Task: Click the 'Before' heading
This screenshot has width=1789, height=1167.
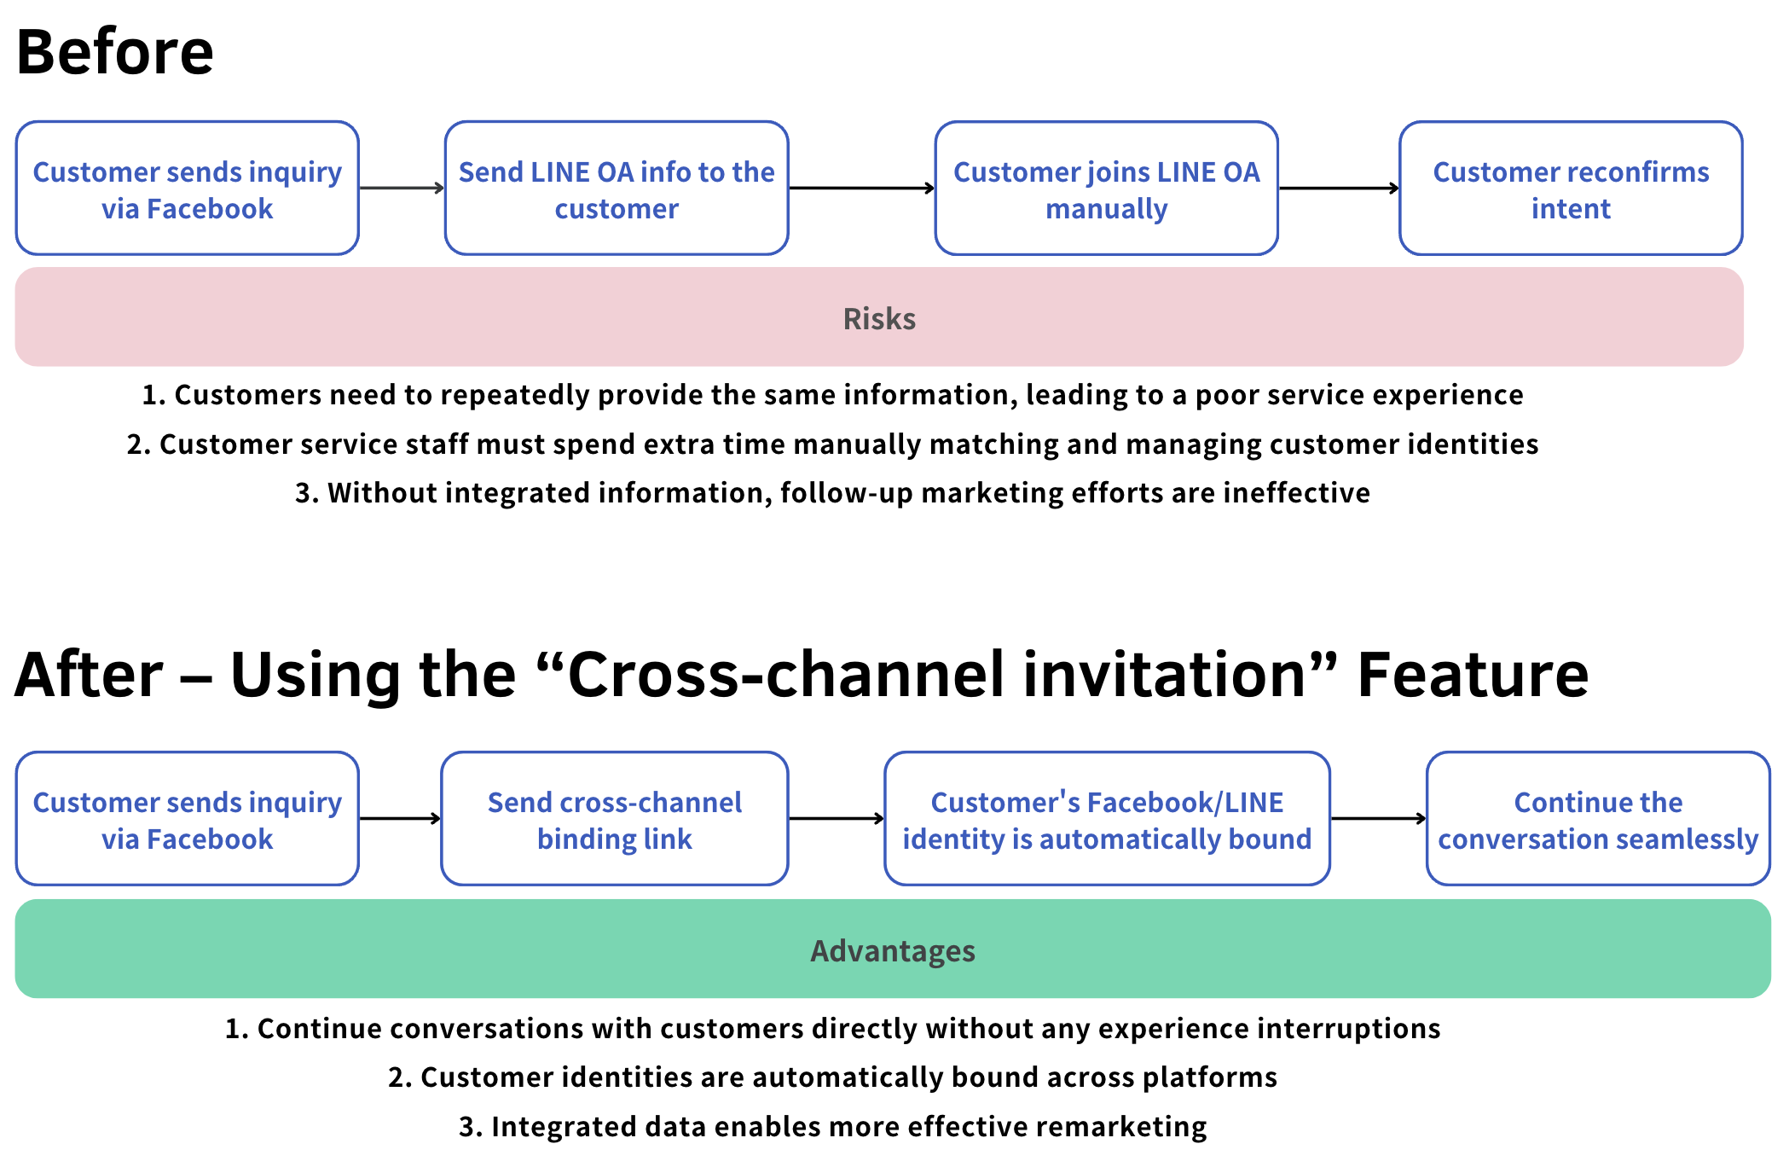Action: click(x=115, y=52)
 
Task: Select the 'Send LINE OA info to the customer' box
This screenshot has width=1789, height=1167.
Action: click(x=617, y=189)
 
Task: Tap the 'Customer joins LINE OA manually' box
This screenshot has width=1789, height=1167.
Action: click(x=1106, y=189)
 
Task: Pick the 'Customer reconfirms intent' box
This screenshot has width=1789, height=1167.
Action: click(x=1571, y=189)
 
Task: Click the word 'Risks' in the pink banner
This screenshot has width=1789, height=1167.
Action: click(x=879, y=319)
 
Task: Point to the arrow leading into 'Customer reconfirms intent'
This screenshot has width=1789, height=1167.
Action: click(x=1339, y=189)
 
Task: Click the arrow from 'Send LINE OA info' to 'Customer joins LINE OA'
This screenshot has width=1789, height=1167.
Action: click(x=861, y=189)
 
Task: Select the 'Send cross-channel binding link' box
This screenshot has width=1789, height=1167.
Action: click(x=615, y=819)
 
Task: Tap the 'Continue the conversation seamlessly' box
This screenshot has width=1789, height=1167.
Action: click(x=1598, y=819)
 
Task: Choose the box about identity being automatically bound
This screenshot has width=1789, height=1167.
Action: click(x=1107, y=819)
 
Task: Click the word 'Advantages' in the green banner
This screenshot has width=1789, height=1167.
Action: click(x=893, y=951)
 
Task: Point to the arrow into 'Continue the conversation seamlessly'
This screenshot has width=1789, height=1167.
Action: click(x=1378, y=819)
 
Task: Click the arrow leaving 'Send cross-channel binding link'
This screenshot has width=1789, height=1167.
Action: click(x=837, y=819)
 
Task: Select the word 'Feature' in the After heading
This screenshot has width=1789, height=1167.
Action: click(x=1473, y=675)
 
